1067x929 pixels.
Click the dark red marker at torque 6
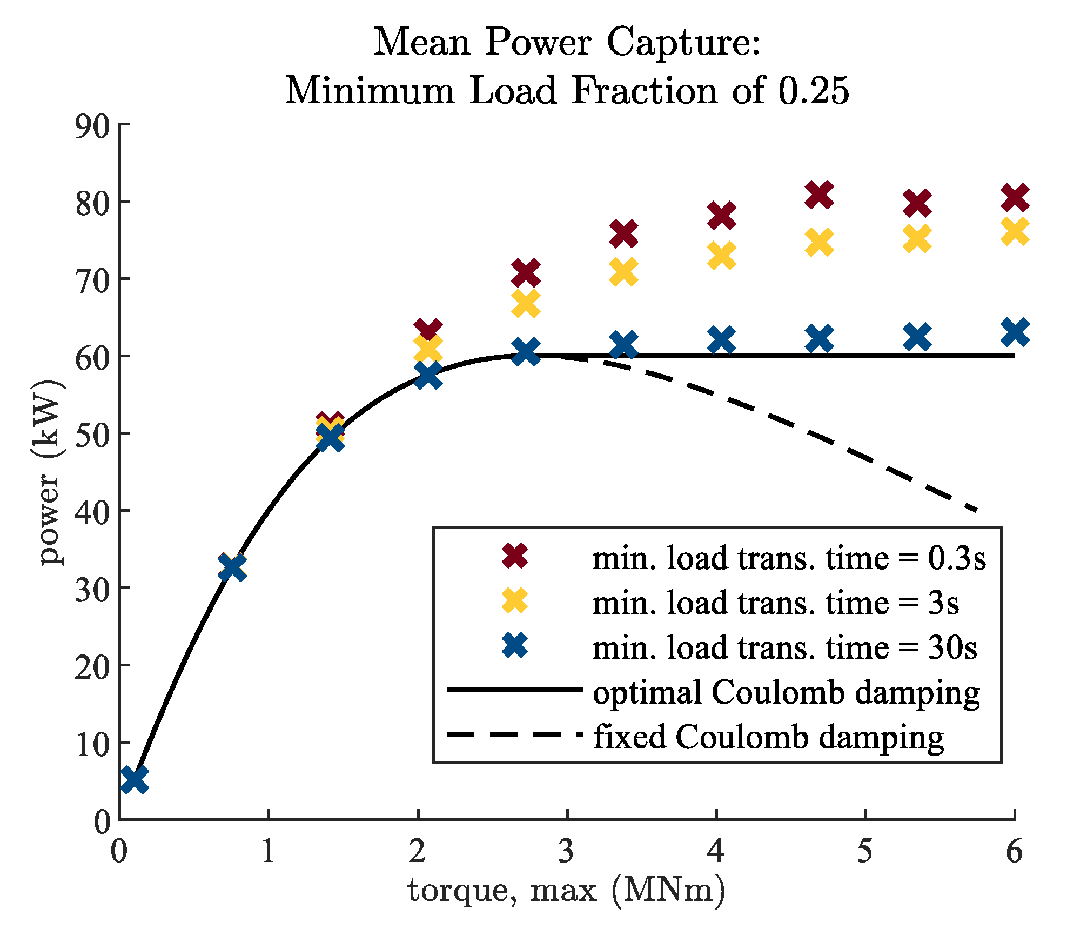(x=1015, y=198)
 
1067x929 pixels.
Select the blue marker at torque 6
(x=1015, y=332)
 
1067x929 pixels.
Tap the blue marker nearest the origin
(x=134, y=780)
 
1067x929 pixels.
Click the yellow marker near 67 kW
(x=526, y=304)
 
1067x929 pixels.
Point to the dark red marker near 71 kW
(x=526, y=273)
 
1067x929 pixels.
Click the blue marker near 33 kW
(x=233, y=568)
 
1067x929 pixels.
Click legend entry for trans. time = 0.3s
(x=789, y=558)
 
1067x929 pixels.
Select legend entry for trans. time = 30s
(x=784, y=647)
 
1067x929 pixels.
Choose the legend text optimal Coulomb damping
(x=786, y=692)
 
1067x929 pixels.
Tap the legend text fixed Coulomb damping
(x=768, y=737)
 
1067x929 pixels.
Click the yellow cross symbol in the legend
(x=515, y=601)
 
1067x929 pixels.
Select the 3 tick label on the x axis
(x=566, y=852)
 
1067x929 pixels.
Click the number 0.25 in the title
(x=814, y=90)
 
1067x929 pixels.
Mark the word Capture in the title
(x=683, y=42)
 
